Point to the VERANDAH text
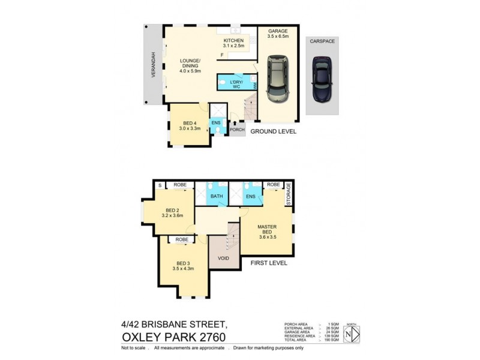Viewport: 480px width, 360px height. (153, 65)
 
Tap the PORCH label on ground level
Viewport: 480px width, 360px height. (237, 130)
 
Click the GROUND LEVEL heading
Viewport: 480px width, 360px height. (274, 131)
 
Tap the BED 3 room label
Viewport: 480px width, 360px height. (183, 265)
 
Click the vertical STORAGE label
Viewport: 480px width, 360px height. (288, 194)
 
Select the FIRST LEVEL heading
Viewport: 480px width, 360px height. (269, 263)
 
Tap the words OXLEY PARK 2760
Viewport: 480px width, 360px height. (173, 337)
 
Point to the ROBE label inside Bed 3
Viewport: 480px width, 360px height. (182, 239)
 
